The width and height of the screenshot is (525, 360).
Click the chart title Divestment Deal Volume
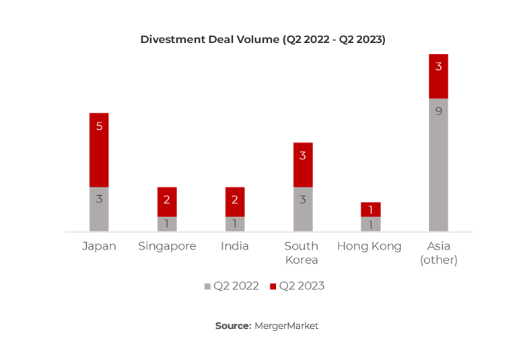[x=262, y=39]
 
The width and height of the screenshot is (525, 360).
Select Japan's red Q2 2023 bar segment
[x=99, y=149]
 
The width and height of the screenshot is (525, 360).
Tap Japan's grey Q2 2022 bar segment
[x=99, y=209]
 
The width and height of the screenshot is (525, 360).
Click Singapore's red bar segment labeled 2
[x=167, y=201]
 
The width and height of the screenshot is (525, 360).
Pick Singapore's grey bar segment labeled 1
[x=167, y=223]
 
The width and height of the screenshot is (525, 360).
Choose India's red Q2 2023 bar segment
[x=235, y=201]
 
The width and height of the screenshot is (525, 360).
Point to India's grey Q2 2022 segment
[x=235, y=223]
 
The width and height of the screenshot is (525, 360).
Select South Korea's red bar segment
[x=303, y=164]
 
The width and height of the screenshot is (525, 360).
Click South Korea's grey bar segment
[x=303, y=209]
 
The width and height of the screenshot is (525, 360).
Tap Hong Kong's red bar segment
[x=370, y=209]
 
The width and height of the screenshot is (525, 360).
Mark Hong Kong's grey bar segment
[x=370, y=223]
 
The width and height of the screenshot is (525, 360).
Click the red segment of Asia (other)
[x=438, y=76]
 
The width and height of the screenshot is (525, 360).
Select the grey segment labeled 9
[x=438, y=164]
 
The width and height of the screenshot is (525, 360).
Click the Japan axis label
[x=99, y=246]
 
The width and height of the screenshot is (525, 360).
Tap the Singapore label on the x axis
[x=167, y=246]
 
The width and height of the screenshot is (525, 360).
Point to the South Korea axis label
[x=301, y=253]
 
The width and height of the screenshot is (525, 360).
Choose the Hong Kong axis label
[x=369, y=246]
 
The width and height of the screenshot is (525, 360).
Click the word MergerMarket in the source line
[x=286, y=326]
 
